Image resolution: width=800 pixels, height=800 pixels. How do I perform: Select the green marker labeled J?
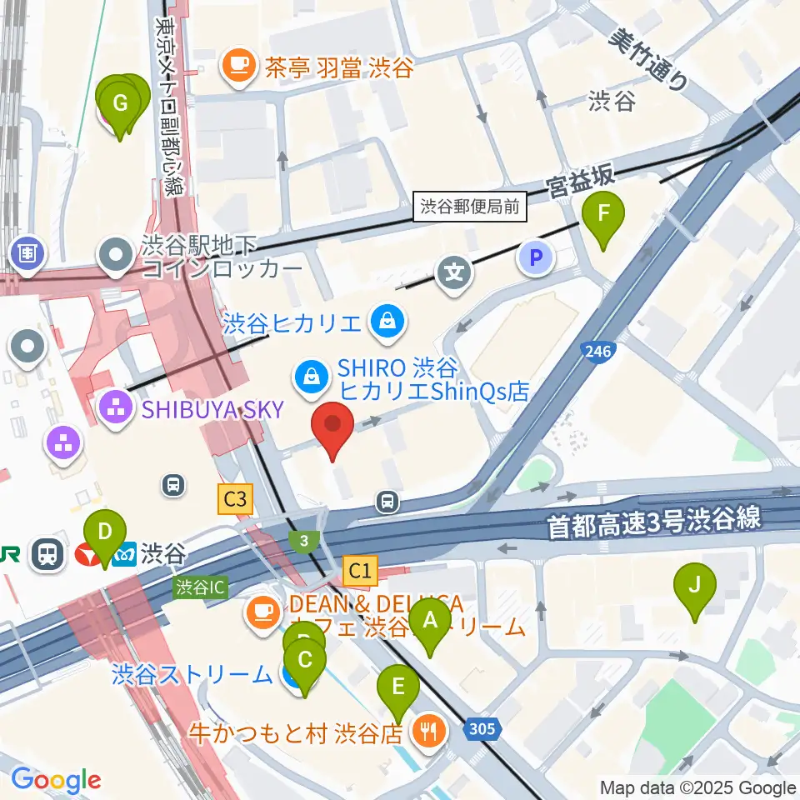(x=693, y=590)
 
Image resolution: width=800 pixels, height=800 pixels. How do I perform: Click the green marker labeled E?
(x=398, y=692)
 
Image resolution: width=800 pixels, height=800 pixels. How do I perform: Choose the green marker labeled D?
(x=103, y=536)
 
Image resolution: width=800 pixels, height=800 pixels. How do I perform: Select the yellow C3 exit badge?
(x=235, y=499)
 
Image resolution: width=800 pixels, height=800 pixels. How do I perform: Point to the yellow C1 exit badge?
(x=360, y=571)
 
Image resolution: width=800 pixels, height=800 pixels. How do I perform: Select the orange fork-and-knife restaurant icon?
(x=430, y=732)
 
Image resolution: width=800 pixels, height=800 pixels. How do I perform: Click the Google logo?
(x=56, y=781)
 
